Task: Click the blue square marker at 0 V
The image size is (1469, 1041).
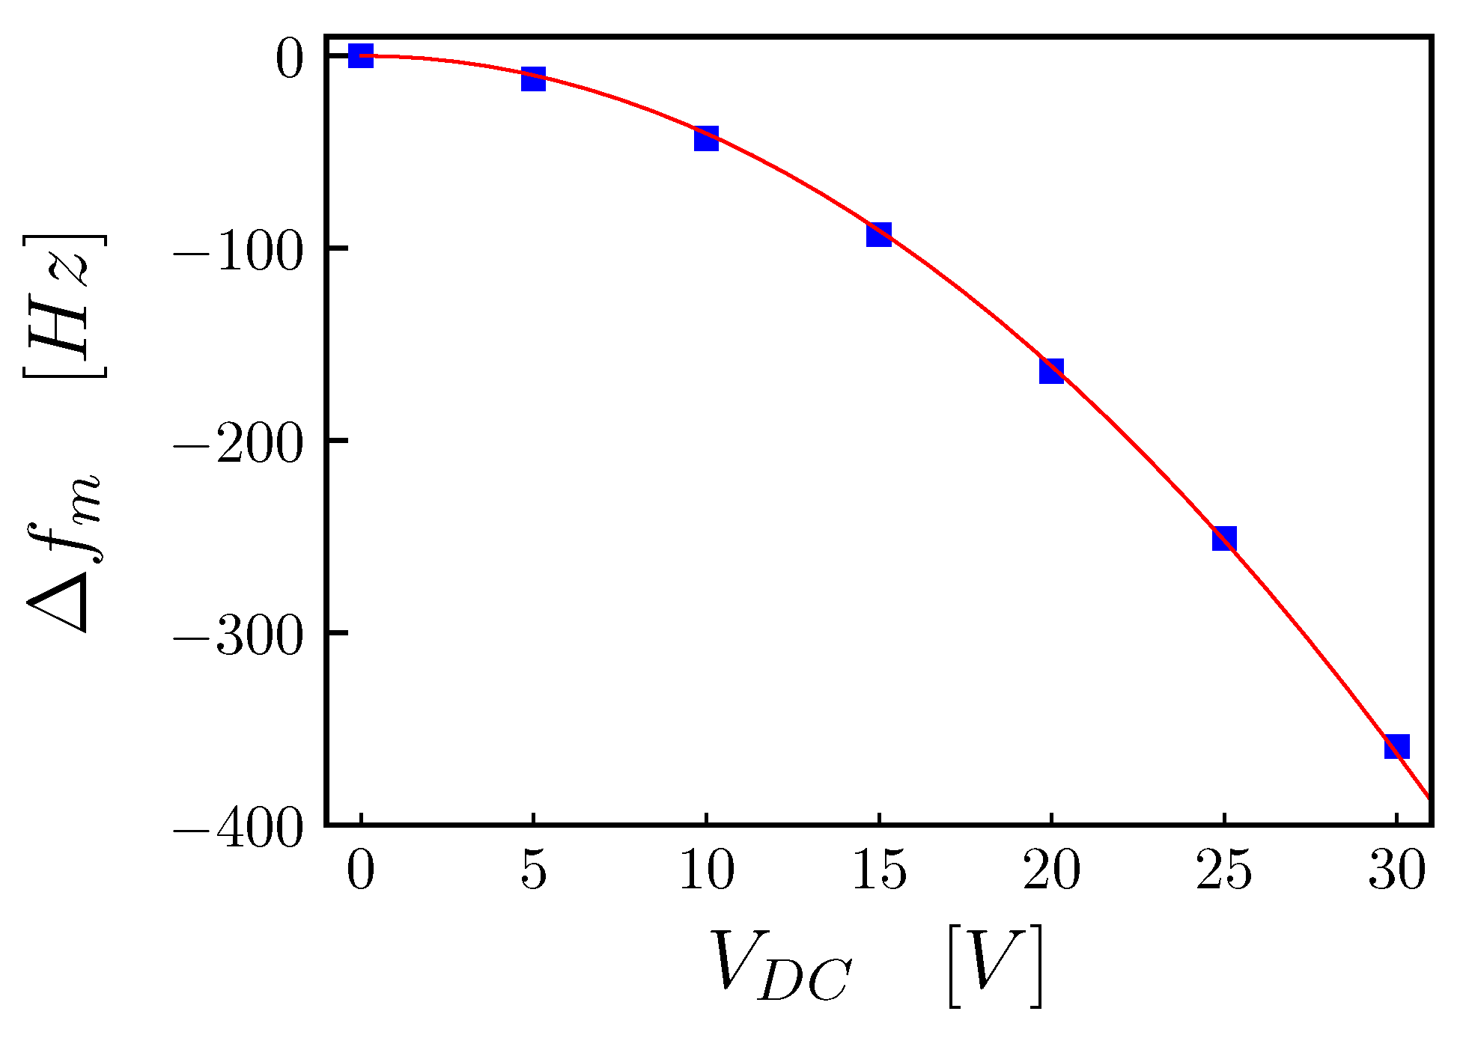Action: pos(361,55)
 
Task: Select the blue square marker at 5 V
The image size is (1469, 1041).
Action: pos(533,79)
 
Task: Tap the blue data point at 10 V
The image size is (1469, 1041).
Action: pos(706,138)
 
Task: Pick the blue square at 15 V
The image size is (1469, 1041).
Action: pos(879,234)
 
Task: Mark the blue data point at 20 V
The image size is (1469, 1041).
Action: pos(1051,370)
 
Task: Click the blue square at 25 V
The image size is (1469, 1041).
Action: pos(1224,538)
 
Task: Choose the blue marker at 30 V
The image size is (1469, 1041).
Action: pos(1396,746)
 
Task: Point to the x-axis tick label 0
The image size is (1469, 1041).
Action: pos(361,871)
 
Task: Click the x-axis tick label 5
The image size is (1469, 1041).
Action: pos(533,871)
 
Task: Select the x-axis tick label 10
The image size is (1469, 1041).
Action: pos(706,871)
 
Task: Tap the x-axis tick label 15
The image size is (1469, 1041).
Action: pos(879,871)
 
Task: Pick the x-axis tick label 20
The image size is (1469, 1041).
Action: pos(1051,871)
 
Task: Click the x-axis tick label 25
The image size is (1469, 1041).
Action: pos(1224,871)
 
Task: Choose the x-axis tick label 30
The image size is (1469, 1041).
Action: pos(1396,871)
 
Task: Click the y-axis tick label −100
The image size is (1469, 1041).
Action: pos(238,251)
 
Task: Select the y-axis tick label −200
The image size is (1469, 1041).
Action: pos(238,444)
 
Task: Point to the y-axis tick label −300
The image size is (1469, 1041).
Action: pos(238,636)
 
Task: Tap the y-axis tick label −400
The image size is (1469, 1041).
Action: pos(238,828)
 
